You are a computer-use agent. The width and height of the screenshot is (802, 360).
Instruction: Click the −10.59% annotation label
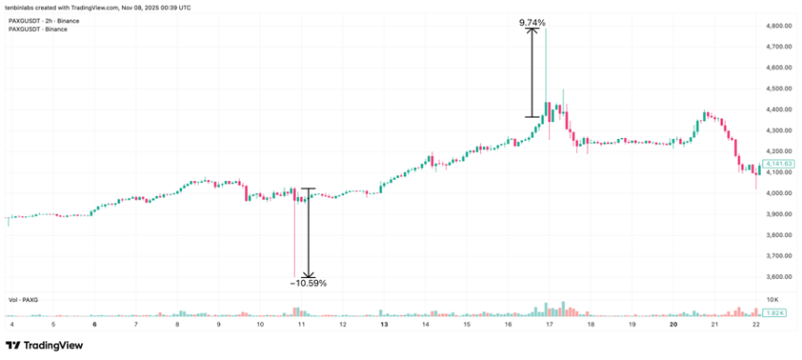pyautogui.click(x=308, y=282)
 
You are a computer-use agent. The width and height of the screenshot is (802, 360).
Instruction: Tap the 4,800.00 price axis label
pyautogui.click(x=779, y=27)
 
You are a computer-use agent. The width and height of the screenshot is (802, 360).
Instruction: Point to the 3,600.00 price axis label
pyautogui.click(x=779, y=276)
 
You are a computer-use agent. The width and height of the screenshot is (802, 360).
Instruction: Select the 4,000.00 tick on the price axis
pyautogui.click(x=779, y=193)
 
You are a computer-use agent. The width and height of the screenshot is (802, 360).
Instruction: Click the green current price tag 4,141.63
pyautogui.click(x=778, y=165)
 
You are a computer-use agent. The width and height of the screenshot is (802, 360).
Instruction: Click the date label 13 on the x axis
pyautogui.click(x=384, y=324)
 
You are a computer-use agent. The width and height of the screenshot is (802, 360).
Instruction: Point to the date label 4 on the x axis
pyautogui.click(x=12, y=324)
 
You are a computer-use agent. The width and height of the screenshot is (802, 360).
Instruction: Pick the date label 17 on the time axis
pyautogui.click(x=549, y=324)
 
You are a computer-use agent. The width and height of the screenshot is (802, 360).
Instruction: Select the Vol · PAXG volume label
pyautogui.click(x=24, y=299)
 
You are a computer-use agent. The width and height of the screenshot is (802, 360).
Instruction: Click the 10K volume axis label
pyautogui.click(x=771, y=299)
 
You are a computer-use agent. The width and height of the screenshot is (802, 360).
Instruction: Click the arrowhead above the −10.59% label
pyautogui.click(x=308, y=272)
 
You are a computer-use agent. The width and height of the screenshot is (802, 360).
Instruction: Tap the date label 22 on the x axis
pyautogui.click(x=754, y=324)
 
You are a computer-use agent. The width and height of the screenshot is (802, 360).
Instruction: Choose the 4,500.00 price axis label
pyautogui.click(x=779, y=90)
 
